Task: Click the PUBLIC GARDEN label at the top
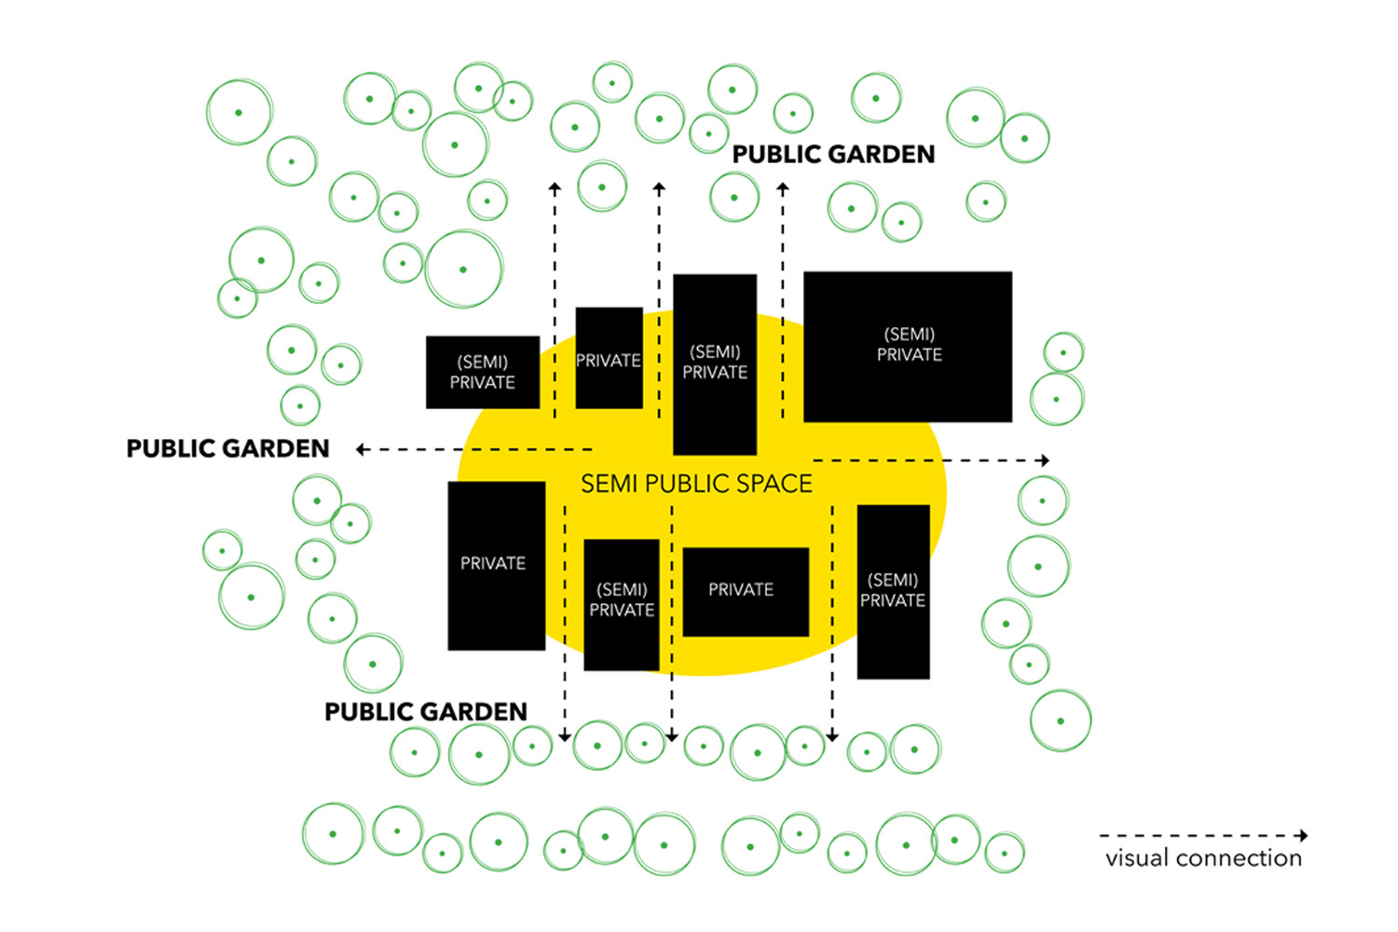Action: [833, 155]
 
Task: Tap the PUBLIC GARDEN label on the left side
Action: [227, 449]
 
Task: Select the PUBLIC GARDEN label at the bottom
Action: [425, 712]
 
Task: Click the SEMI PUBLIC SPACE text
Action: [696, 484]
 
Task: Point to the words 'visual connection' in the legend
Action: [1203, 858]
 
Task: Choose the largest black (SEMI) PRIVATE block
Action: [908, 347]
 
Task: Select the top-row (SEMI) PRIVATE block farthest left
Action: [483, 373]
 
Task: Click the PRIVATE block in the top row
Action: [610, 359]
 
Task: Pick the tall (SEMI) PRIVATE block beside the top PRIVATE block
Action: [715, 363]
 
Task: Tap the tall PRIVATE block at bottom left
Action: [496, 566]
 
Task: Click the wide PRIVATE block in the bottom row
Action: [746, 592]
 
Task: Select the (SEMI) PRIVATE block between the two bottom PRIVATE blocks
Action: [622, 604]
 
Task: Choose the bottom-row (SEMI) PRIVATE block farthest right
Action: [893, 592]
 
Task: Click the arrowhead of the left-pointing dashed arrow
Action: [361, 449]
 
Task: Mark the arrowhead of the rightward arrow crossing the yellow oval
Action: [1046, 460]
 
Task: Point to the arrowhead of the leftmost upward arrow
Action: [555, 187]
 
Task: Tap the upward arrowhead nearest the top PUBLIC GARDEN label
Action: [783, 187]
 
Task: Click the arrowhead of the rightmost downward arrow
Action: [832, 737]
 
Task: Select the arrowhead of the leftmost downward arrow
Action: [564, 737]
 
